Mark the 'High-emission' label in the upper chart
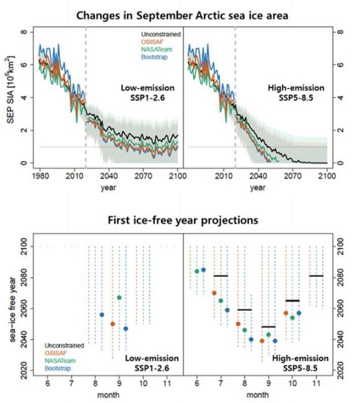(296, 88)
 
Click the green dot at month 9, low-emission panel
(119, 298)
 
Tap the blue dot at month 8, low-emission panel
(102, 315)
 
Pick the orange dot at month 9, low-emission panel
(113, 324)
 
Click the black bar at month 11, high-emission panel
(316, 276)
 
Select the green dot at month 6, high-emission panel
(197, 271)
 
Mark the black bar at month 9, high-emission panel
(269, 327)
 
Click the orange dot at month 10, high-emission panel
(286, 313)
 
